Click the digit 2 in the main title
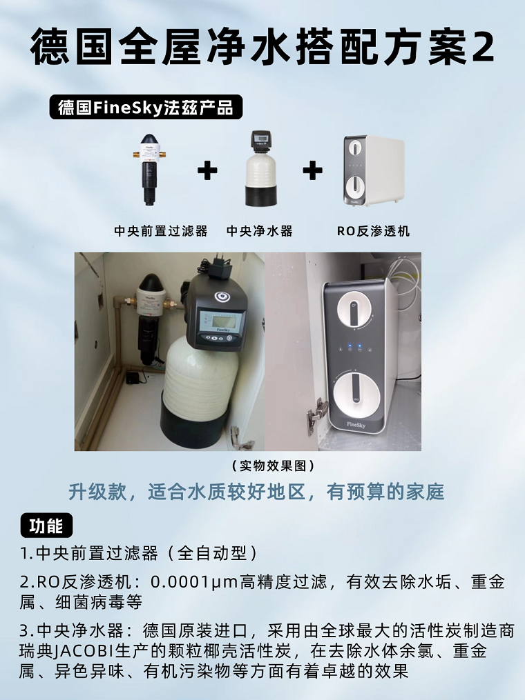[x=482, y=47]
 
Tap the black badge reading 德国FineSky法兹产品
[x=146, y=108]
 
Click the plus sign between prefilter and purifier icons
[x=207, y=170]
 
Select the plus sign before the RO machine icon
[x=312, y=170]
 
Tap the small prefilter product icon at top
[x=149, y=169]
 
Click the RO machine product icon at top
[x=374, y=170]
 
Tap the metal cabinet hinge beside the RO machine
[x=317, y=414]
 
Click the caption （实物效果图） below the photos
[x=262, y=466]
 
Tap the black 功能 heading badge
[x=46, y=526]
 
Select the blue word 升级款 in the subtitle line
[x=93, y=492]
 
